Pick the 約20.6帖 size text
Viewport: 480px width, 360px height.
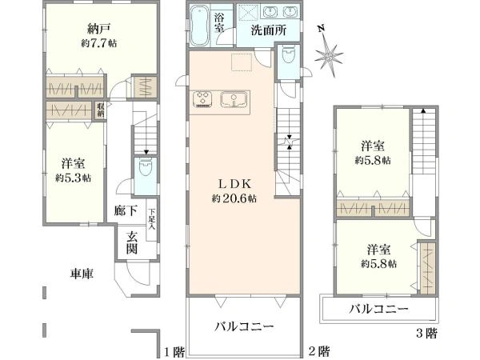234,198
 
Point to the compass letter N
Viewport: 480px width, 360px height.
321,30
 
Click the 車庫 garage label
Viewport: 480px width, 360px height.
82,274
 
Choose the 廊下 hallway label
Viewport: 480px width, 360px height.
125,214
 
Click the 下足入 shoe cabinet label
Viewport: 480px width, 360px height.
151,216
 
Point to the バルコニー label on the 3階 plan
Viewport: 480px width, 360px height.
379,308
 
